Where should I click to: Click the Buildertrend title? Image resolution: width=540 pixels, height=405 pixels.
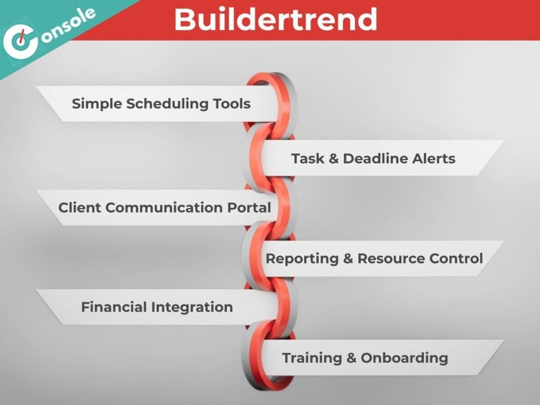click(275, 20)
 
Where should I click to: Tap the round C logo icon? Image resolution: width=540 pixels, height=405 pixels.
click(20, 41)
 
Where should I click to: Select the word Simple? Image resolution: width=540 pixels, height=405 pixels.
click(97, 104)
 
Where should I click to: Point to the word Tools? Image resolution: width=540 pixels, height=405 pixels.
click(232, 104)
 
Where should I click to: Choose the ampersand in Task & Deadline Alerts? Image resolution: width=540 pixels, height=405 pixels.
click(334, 159)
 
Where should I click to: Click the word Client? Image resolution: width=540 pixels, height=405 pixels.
click(80, 208)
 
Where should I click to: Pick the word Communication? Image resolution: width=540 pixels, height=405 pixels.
click(165, 208)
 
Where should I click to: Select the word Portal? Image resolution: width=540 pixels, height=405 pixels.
click(249, 208)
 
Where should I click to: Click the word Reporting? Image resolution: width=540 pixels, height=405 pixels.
click(302, 259)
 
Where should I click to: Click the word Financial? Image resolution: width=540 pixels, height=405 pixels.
click(114, 307)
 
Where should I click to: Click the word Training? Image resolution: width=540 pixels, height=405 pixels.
click(312, 359)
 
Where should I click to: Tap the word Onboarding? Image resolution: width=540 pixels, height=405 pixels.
click(404, 359)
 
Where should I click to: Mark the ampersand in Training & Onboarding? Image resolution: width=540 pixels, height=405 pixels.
click(351, 358)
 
